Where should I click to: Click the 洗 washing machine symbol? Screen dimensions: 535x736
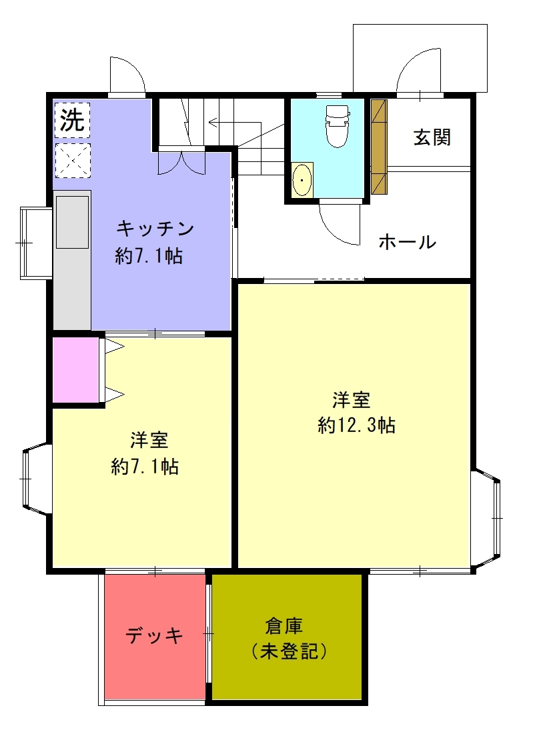pos(72,120)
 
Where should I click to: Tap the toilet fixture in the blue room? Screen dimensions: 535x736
pos(338,125)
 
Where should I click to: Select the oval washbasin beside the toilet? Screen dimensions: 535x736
pos(302,180)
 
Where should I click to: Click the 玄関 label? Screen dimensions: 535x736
pos(432,137)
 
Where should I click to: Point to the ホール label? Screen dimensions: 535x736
pos(408,242)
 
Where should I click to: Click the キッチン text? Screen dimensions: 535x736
pos(155,229)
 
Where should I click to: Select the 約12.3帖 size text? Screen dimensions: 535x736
pos(356,425)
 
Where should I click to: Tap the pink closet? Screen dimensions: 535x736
pos(75,370)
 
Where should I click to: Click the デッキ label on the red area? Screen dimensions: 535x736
pos(154,636)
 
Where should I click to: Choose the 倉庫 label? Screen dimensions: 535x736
pos(284,626)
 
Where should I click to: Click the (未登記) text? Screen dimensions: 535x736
pos(288,651)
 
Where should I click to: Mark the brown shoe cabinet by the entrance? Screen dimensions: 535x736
pos(380,147)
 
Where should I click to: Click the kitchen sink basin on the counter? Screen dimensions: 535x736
pos(72,222)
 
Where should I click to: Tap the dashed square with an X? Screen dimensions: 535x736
pos(72,161)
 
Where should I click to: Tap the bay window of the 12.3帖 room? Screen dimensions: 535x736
pos(486,518)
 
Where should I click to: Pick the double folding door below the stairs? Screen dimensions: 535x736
pos(181,162)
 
